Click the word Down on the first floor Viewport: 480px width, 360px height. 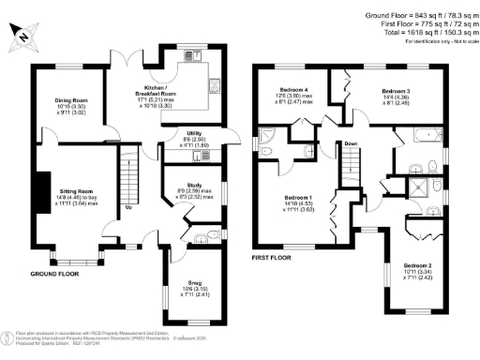pos(350,143)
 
